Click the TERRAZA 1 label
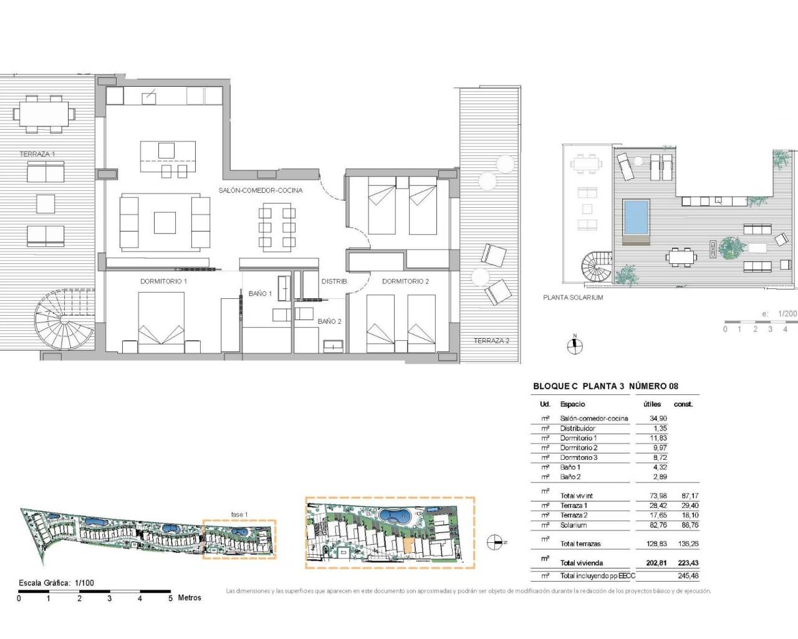click(37, 154)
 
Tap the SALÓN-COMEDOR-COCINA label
click(260, 190)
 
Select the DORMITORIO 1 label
click(163, 281)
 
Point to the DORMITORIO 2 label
click(405, 281)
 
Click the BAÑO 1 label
click(260, 293)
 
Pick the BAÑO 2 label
click(329, 321)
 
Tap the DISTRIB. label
click(334, 281)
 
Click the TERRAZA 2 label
click(491, 341)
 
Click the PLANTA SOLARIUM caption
click(573, 298)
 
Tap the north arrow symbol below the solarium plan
click(575, 344)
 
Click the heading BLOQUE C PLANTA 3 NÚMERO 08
click(605, 386)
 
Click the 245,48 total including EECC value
click(685, 576)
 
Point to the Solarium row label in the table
click(573, 525)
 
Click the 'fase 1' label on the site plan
click(239, 514)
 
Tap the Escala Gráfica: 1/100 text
click(57, 583)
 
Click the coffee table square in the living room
click(165, 223)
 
